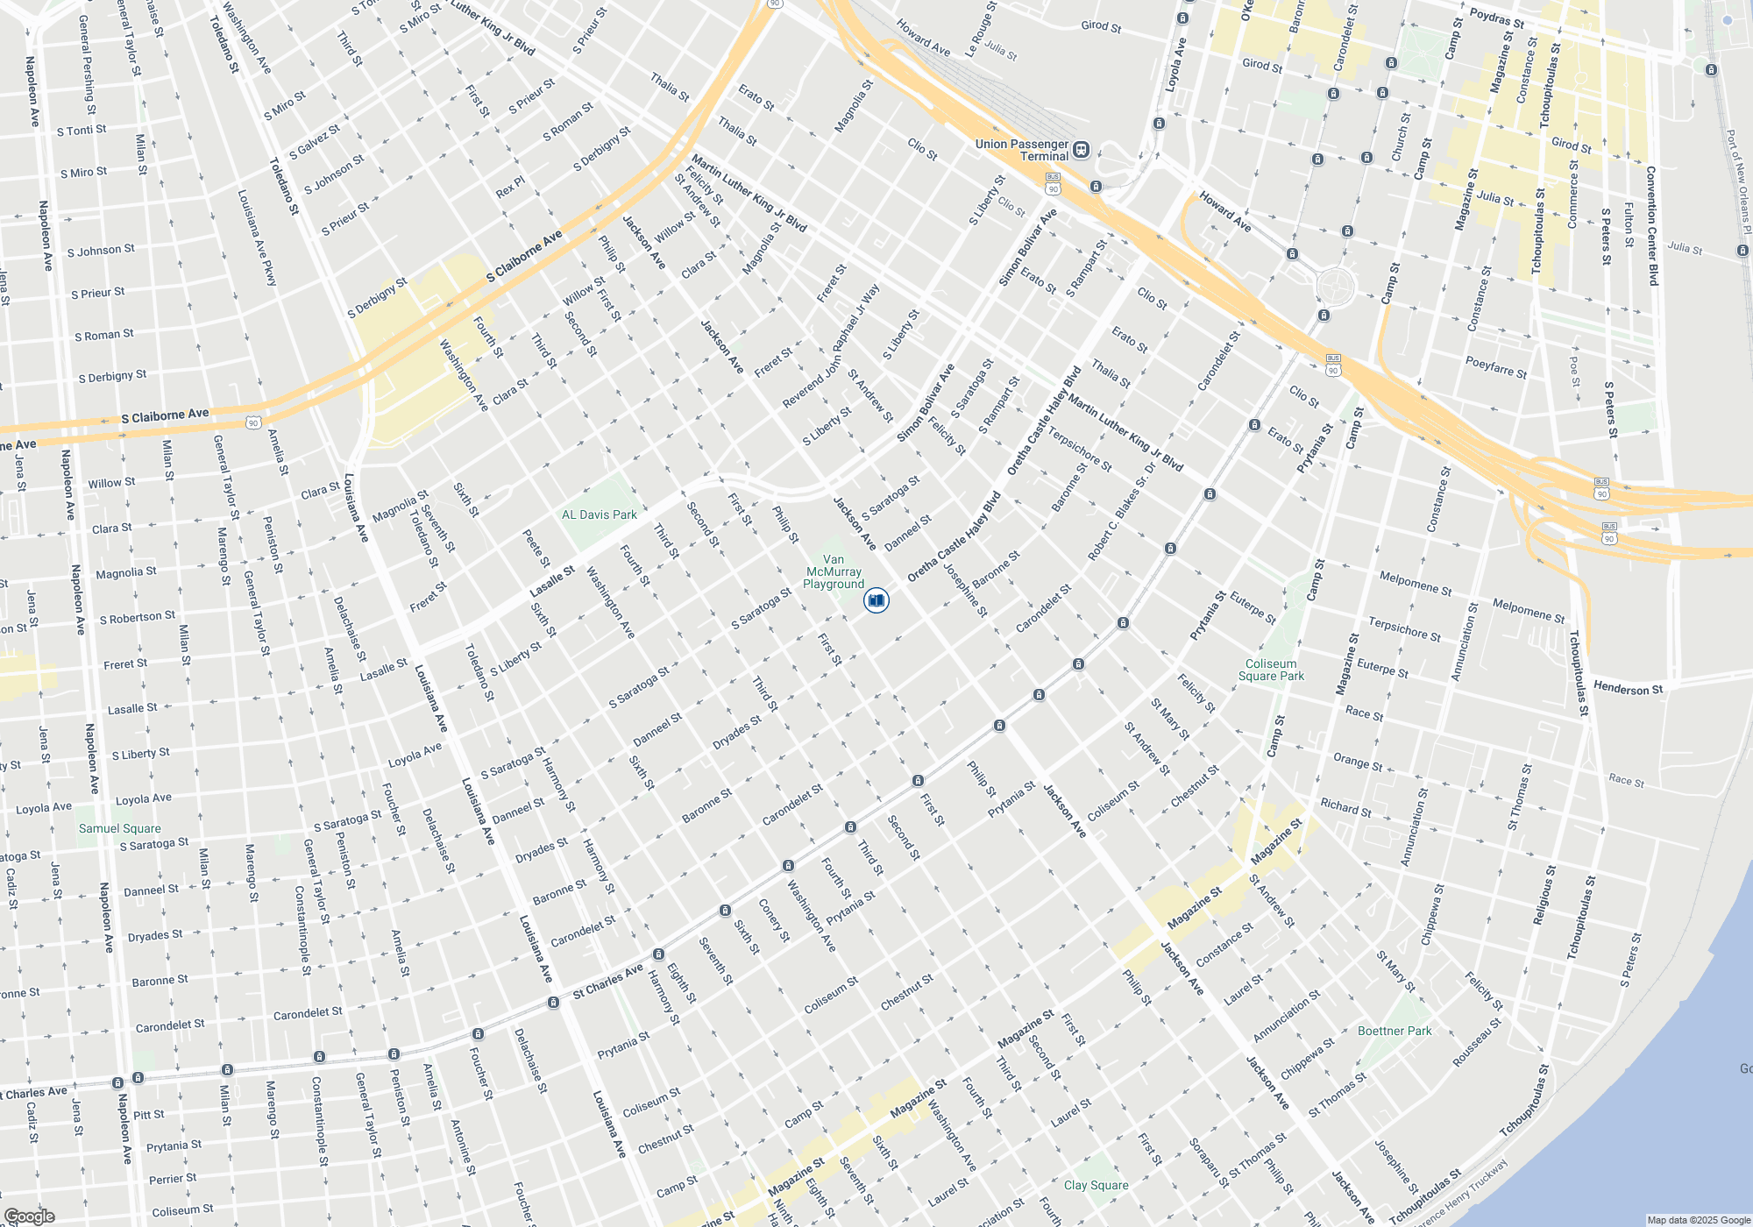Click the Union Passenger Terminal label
[x=1022, y=150]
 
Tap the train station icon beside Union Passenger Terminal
[x=1082, y=150]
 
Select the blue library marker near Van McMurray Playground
[x=876, y=600]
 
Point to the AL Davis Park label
[x=600, y=514]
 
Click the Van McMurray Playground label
[x=834, y=571]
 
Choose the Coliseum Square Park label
[x=1271, y=670]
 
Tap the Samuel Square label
[x=120, y=828]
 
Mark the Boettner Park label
[x=1395, y=1031]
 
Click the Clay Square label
[x=1097, y=1185]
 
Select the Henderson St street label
[x=1628, y=689]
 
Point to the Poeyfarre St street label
[x=1496, y=367]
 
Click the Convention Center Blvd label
[x=1652, y=225]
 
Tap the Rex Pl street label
[x=510, y=187]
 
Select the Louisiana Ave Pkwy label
[x=258, y=238]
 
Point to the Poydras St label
[x=1497, y=18]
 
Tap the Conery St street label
[x=774, y=920]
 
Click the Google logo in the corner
[x=29, y=1216]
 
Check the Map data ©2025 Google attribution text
[x=1699, y=1220]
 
